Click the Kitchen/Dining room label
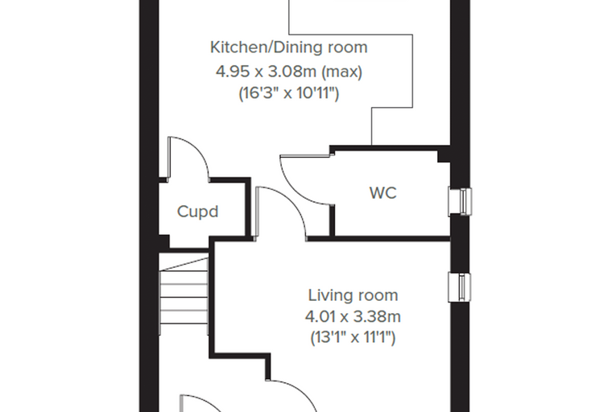tap(289, 47)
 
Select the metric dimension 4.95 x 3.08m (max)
tap(289, 72)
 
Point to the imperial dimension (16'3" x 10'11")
tap(289, 93)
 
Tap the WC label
tap(382, 193)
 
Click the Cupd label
tap(197, 212)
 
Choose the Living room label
tap(354, 295)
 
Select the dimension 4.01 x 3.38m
tap(353, 317)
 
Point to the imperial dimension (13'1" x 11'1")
tap(353, 337)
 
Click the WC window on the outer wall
tap(460, 201)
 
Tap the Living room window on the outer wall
tap(460, 287)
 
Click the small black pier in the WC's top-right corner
tap(444, 157)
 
